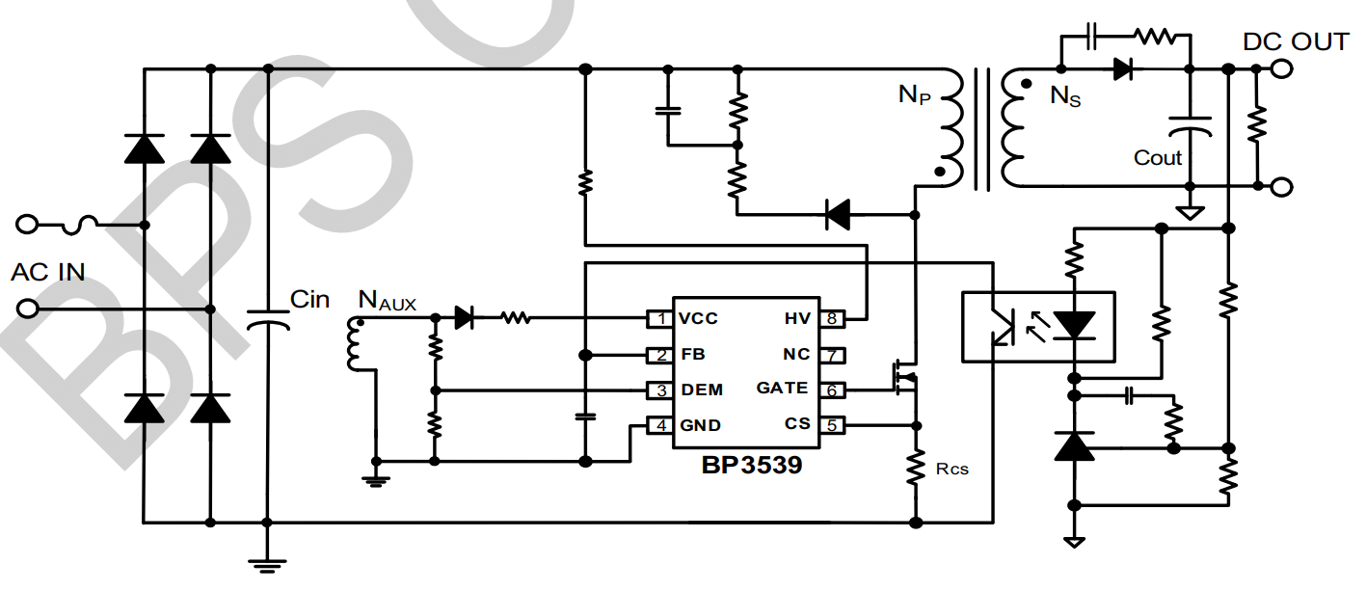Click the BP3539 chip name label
751,466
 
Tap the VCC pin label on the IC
698,318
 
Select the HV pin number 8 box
831,318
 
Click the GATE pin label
783,389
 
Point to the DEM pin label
702,390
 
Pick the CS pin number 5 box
831,424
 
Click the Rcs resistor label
952,470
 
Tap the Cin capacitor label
309,300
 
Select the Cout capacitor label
1158,158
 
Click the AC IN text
48,273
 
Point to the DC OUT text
1296,42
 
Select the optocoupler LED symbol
1073,326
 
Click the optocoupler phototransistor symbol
1004,328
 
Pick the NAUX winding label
387,302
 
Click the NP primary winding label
915,94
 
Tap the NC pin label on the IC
796,354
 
